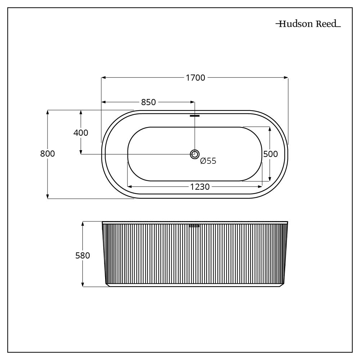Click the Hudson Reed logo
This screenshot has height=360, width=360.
coord(308,24)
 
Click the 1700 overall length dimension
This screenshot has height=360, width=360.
coord(195,77)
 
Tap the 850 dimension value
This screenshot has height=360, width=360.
coord(148,102)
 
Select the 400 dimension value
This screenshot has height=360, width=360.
coord(81,132)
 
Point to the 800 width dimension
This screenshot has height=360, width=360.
coord(48,154)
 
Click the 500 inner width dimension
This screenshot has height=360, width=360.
coord(270,154)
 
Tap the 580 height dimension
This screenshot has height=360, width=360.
coord(82,256)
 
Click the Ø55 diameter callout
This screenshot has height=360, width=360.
coord(208,161)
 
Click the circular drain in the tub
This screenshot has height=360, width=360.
coord(194,154)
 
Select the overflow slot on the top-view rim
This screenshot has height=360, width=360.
coord(194,116)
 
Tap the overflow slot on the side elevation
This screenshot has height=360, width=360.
coord(194,226)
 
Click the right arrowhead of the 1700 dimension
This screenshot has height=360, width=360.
coord(286,77)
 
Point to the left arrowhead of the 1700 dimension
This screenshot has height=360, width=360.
coord(103,77)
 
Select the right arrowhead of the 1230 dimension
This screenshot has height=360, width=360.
coord(260,186)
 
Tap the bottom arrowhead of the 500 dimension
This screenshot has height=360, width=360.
coord(270,179)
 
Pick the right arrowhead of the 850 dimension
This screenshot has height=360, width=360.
coord(192,102)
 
